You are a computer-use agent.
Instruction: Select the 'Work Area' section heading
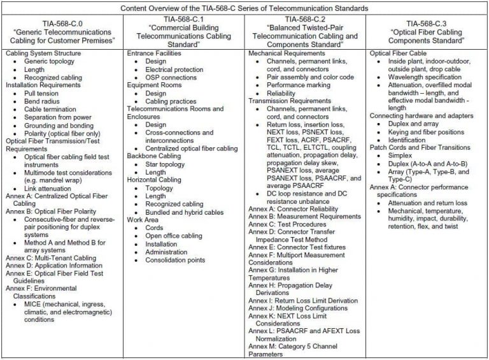[143, 220]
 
